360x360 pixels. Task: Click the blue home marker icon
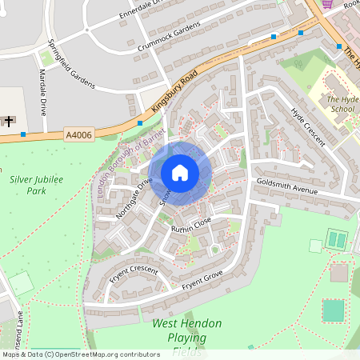[x=180, y=172]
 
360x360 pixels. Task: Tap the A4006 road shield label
[x=80, y=135]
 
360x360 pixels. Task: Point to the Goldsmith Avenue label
[x=286, y=186]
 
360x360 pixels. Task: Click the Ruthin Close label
[x=191, y=223]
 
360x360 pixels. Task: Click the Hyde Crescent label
[x=308, y=126]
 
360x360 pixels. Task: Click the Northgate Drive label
[x=133, y=198]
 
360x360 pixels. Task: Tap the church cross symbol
[x=9, y=121]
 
